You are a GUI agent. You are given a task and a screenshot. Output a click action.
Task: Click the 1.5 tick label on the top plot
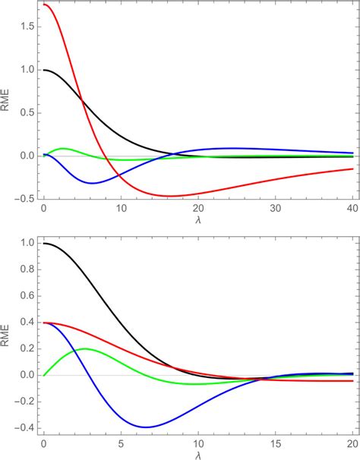click(27, 27)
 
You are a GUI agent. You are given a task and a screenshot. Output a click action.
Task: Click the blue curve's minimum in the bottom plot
click(146, 427)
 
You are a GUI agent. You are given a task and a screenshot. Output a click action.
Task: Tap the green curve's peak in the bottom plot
click(84, 348)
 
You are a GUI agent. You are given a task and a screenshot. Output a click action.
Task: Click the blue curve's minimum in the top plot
click(92, 183)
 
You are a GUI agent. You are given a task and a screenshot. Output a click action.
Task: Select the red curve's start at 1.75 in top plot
click(44, 5)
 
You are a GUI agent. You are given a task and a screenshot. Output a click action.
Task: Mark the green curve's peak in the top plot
click(62, 148)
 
